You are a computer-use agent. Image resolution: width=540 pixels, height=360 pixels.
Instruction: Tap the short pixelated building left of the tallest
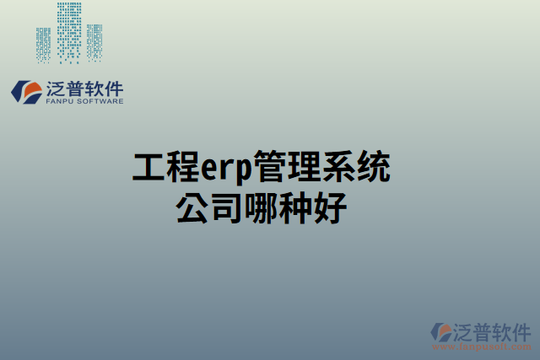pos(44,44)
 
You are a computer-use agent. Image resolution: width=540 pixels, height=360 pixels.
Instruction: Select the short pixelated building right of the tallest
pos(94,42)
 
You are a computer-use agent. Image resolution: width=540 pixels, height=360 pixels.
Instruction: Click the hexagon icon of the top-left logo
pos(28,92)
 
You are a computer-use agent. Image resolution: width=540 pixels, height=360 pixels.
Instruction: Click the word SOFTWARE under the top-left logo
pos(101,101)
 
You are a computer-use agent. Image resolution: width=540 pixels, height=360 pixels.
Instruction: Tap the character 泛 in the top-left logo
pos(56,87)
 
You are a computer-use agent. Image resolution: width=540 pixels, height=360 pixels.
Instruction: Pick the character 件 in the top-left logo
pos(113,87)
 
